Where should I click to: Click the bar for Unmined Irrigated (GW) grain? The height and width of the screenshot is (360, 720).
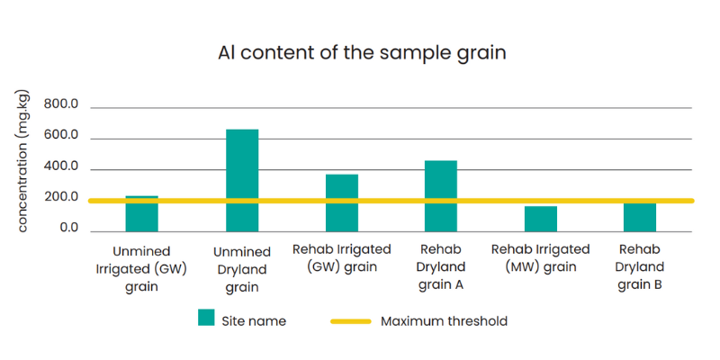[x=141, y=214]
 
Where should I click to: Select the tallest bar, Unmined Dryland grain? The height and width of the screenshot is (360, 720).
[x=242, y=181]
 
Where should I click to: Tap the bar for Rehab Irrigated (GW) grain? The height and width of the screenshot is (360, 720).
[x=342, y=203]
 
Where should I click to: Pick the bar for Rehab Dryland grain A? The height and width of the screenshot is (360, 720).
[x=441, y=196]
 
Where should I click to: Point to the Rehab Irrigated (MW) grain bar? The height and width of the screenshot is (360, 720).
[x=541, y=219]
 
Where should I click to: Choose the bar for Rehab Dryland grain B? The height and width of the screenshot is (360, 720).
[x=640, y=217]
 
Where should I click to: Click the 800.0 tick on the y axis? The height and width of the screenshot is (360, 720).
[x=61, y=105]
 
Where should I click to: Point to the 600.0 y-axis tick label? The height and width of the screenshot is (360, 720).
[x=61, y=137]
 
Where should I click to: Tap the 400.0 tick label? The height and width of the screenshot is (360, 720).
[x=61, y=166]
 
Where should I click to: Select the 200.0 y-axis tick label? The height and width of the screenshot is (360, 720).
[x=61, y=197]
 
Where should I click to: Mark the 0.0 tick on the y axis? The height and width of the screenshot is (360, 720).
[x=69, y=229]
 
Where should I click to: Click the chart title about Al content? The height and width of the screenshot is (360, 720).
[x=362, y=54]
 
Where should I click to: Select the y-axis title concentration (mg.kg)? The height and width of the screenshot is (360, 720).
[x=23, y=162]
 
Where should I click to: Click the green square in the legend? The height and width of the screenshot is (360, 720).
[x=206, y=318]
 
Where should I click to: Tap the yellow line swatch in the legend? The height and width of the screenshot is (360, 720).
[x=351, y=321]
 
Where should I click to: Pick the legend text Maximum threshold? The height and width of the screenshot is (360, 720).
[x=444, y=321]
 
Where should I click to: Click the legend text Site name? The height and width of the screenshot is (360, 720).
[x=254, y=321]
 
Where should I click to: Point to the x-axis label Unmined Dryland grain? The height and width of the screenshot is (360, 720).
[x=242, y=270]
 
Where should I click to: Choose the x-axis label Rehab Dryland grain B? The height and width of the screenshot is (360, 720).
[x=640, y=267]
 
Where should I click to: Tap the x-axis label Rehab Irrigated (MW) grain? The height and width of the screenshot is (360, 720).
[x=541, y=258]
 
